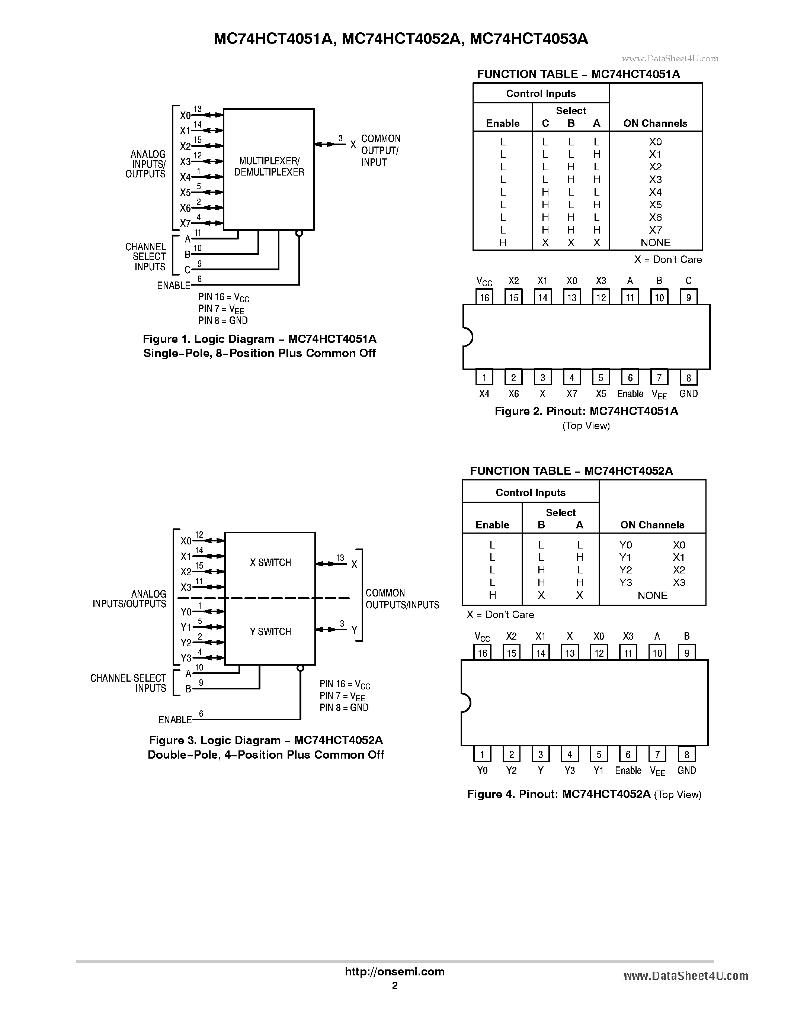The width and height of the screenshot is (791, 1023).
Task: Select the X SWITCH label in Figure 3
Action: click(270, 563)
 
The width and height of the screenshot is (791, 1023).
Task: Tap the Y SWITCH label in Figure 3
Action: click(270, 631)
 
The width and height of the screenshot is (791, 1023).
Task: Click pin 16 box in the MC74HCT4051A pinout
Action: click(484, 297)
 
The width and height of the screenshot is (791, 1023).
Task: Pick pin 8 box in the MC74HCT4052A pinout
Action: click(686, 754)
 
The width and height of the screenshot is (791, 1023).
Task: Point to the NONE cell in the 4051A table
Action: click(655, 242)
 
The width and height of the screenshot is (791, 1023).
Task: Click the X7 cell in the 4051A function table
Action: click(655, 230)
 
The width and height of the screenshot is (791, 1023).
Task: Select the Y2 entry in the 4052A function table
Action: click(625, 570)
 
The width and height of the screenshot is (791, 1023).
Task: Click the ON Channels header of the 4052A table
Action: click(652, 525)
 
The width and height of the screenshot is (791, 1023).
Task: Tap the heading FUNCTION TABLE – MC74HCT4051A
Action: click(578, 74)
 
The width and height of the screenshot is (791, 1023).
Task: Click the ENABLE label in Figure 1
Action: click(173, 285)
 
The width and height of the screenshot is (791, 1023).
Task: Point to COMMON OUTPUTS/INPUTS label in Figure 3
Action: click(402, 599)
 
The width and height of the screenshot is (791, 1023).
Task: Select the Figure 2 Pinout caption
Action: click(586, 411)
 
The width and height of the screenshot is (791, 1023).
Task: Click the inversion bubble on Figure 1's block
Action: click(299, 233)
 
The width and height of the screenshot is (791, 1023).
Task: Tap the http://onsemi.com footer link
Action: click(394, 971)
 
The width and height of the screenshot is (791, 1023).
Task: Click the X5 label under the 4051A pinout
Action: click(601, 394)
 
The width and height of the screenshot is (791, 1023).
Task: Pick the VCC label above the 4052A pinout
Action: click(482, 637)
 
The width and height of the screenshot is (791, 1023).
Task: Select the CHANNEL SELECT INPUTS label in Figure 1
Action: click(146, 257)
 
